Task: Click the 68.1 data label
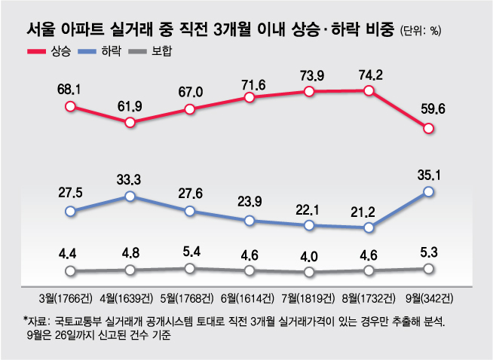pos(69,90)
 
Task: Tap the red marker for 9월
pos(429,129)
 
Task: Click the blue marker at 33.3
pos(130,196)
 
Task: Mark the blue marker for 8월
pos(369,227)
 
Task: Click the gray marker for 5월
pos(190,268)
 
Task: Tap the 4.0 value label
pos(308,255)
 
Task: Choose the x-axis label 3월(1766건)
pos(69,295)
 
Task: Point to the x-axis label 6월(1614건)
pos(250,295)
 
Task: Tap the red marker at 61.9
pos(130,122)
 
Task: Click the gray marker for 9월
pos(429,268)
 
